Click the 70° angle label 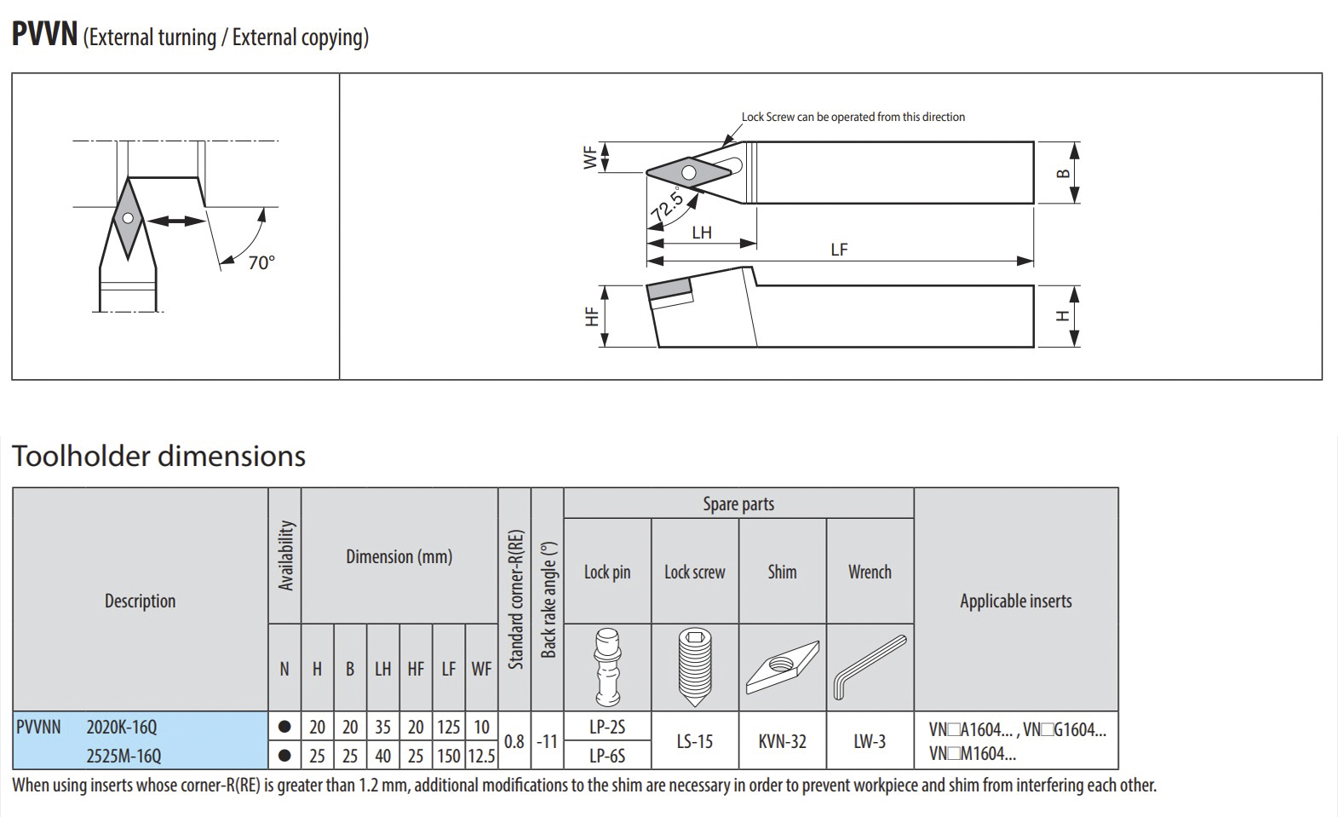click(x=261, y=262)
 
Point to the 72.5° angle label click(x=667, y=204)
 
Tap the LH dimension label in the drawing click(x=702, y=233)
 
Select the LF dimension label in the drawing click(x=839, y=250)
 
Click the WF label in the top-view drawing click(x=590, y=158)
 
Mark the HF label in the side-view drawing click(x=591, y=316)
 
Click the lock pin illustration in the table click(x=607, y=667)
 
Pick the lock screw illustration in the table click(x=695, y=668)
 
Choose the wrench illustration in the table click(x=869, y=667)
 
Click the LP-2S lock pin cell click(x=607, y=727)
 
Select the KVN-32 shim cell click(x=783, y=741)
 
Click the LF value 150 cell click(x=449, y=756)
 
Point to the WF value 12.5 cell click(x=481, y=756)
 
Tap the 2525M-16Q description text click(x=123, y=756)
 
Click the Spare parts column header click(x=739, y=503)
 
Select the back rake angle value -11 click(x=547, y=742)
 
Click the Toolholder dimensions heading click(x=159, y=456)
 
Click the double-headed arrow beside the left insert click(x=176, y=222)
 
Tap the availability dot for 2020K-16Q click(x=284, y=727)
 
